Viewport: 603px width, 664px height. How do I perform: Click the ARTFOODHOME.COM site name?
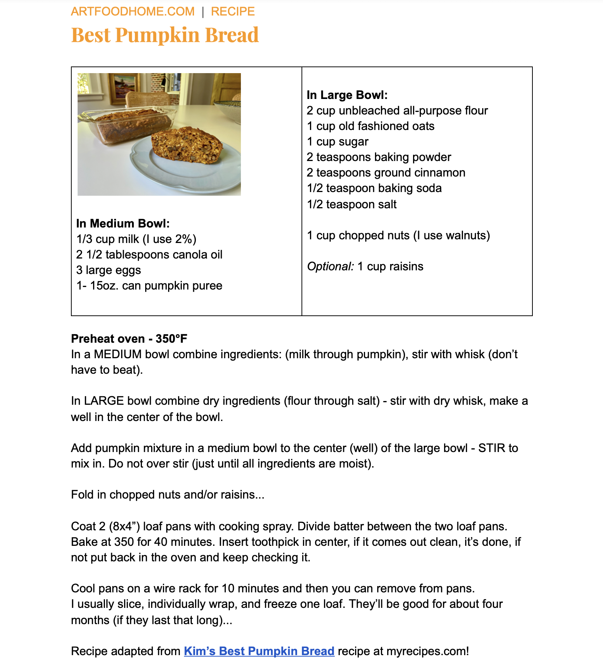[133, 11]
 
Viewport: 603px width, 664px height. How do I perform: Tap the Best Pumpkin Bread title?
[165, 35]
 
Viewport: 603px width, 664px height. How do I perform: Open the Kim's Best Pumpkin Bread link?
[259, 651]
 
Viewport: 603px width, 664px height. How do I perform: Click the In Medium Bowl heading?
[123, 223]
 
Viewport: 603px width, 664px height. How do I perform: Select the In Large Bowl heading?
[347, 95]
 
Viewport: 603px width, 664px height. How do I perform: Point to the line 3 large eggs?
[109, 270]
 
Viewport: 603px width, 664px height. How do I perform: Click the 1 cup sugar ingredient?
[337, 141]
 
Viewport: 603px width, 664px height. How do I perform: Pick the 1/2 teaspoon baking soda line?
[374, 188]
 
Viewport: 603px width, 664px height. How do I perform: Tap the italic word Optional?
[330, 266]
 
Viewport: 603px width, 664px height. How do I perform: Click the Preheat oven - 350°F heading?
[129, 339]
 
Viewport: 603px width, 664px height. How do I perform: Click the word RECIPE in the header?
[233, 11]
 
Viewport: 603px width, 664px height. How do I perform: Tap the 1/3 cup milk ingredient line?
[136, 239]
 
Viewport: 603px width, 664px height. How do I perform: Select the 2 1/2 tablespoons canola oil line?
[149, 254]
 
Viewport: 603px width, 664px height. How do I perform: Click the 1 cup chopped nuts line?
[398, 235]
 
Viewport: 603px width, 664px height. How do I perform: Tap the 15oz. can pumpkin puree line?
[149, 285]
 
